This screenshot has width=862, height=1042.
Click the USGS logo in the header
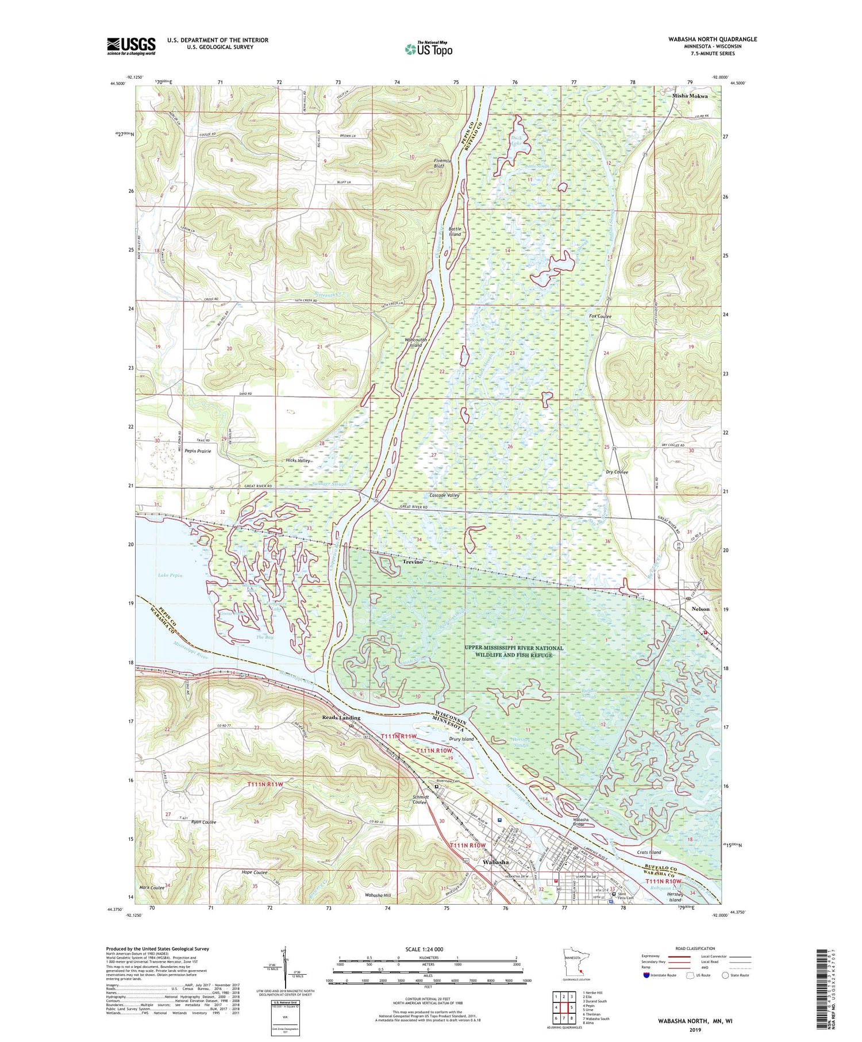coord(131,46)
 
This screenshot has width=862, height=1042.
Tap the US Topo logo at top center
coord(428,49)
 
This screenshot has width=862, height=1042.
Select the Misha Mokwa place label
coord(690,96)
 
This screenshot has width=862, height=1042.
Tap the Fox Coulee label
coord(600,316)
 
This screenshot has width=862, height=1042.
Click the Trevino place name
coord(412,562)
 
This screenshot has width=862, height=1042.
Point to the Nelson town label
coord(700,609)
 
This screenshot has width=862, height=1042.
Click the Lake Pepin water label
coord(170,575)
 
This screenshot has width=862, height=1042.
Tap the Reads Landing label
coord(341,717)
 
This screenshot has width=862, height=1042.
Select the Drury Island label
coord(461,739)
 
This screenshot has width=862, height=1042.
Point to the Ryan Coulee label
coord(203,822)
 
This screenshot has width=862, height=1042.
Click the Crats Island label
coord(649,852)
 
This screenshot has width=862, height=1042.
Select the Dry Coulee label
coord(617,472)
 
